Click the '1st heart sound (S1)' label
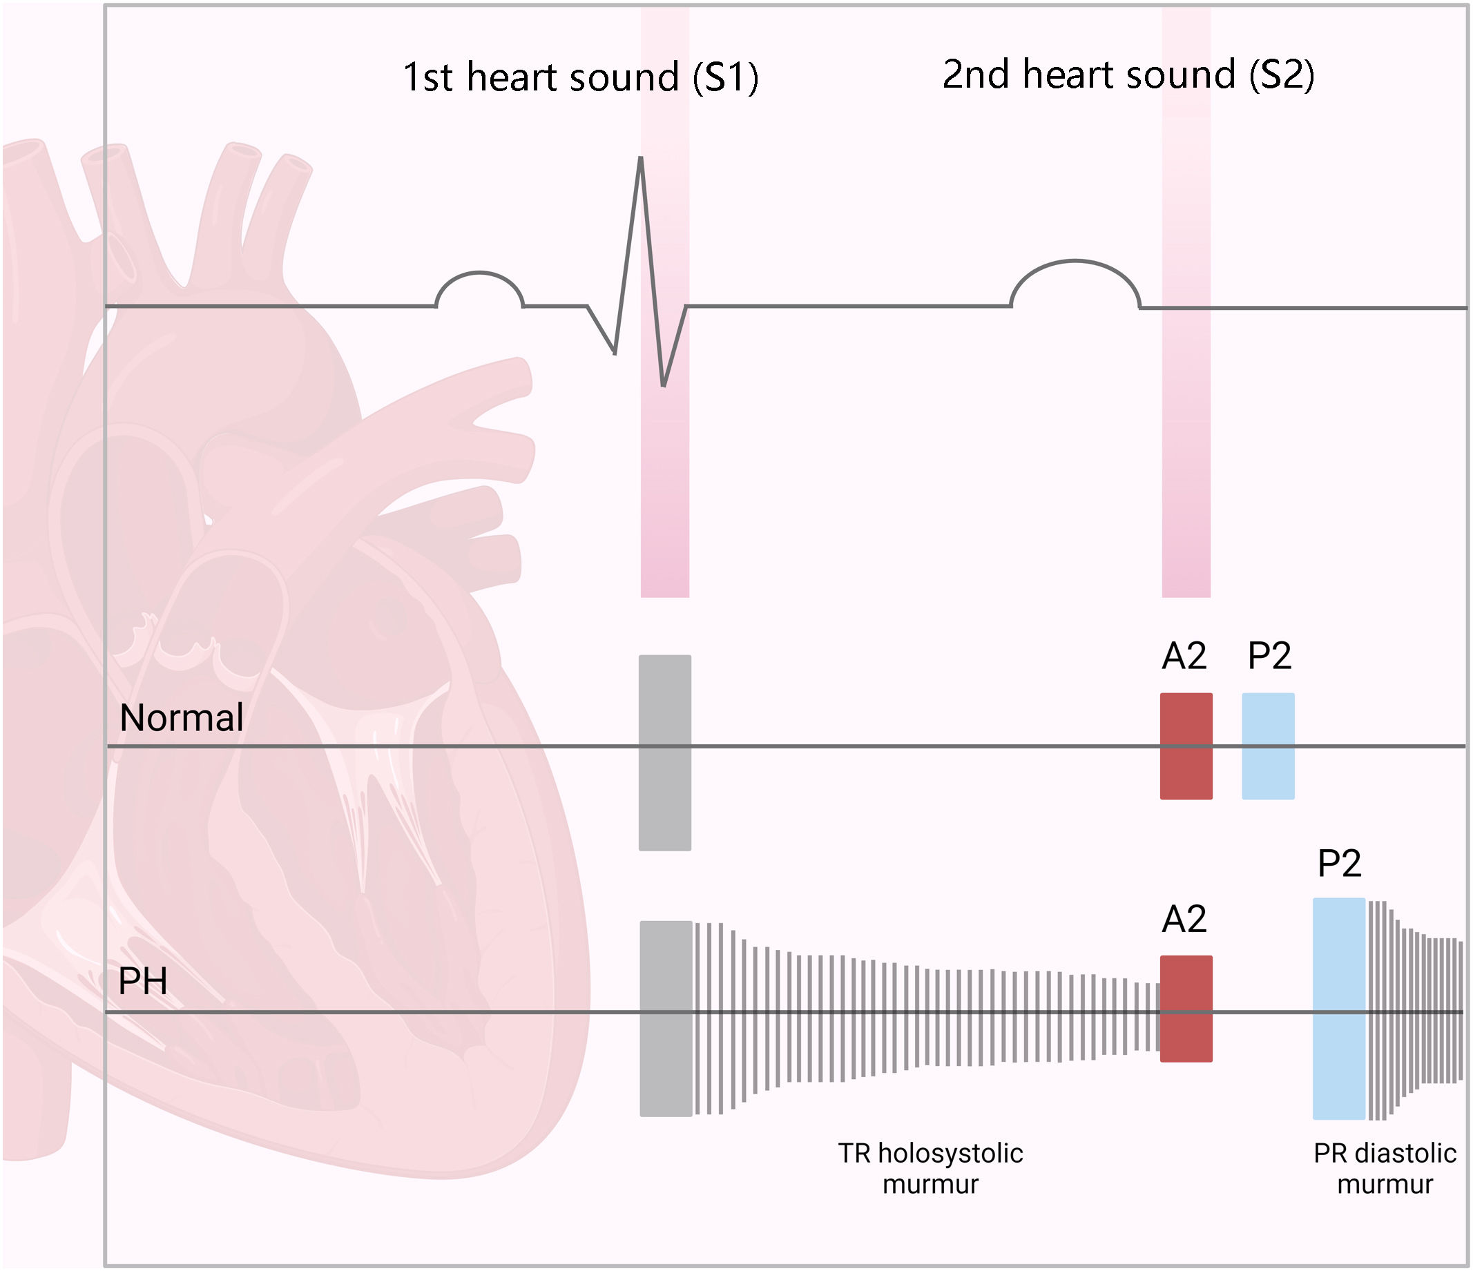click(580, 77)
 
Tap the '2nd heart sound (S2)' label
click(1128, 75)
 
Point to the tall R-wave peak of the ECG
click(641, 160)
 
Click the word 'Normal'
click(182, 717)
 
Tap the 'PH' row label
click(143, 981)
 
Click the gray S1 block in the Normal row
click(665, 753)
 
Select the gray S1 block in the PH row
click(666, 1018)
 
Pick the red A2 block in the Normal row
click(1186, 746)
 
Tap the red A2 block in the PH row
click(1186, 1009)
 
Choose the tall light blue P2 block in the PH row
click(1338, 1008)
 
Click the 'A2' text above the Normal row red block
click(1184, 655)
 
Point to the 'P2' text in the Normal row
click(1269, 655)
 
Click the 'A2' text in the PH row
click(1184, 919)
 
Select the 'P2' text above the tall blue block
click(1339, 864)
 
